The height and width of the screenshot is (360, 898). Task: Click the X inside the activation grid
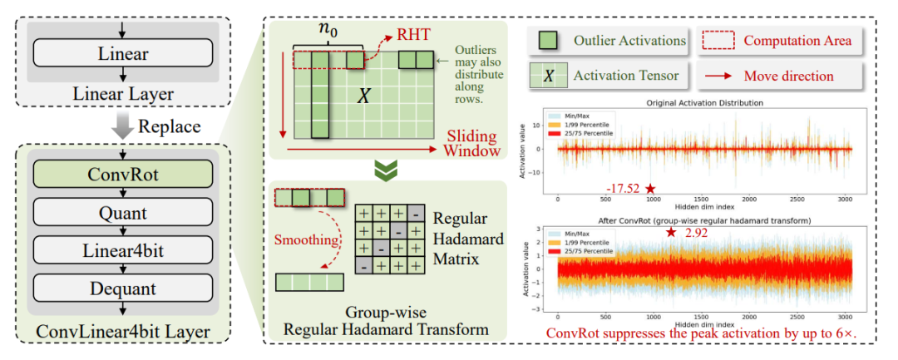[x=363, y=97]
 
